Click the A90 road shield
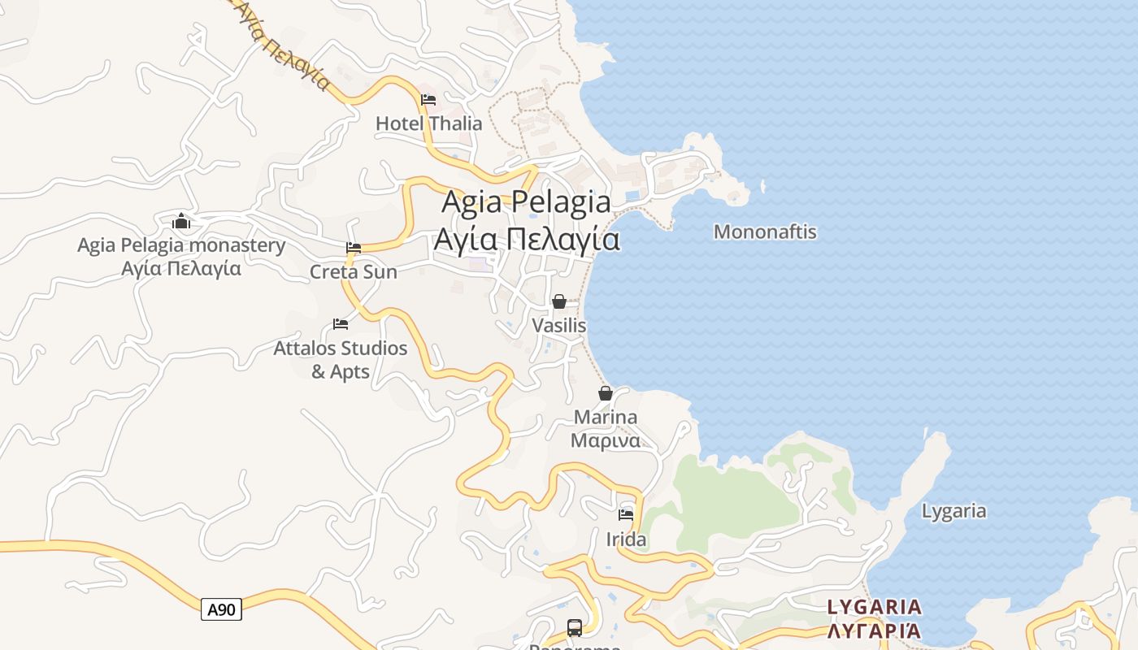coord(221,609)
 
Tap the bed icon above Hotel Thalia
coord(428,100)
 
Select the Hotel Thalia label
coord(428,123)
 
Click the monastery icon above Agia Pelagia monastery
coord(181,221)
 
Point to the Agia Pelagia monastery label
coord(181,245)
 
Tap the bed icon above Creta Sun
coord(354,248)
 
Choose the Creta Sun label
coord(354,271)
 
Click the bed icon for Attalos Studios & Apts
coord(341,324)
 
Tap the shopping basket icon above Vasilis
coord(559,301)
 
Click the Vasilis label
coord(559,325)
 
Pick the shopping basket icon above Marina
coord(606,393)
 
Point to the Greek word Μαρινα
coord(606,440)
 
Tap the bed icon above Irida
coord(626,514)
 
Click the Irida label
coord(626,539)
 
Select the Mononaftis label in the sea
coord(765,232)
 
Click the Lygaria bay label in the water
coord(953,511)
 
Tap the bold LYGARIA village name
coord(874,607)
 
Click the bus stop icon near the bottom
coord(575,627)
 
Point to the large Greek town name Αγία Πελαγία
coord(527,240)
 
